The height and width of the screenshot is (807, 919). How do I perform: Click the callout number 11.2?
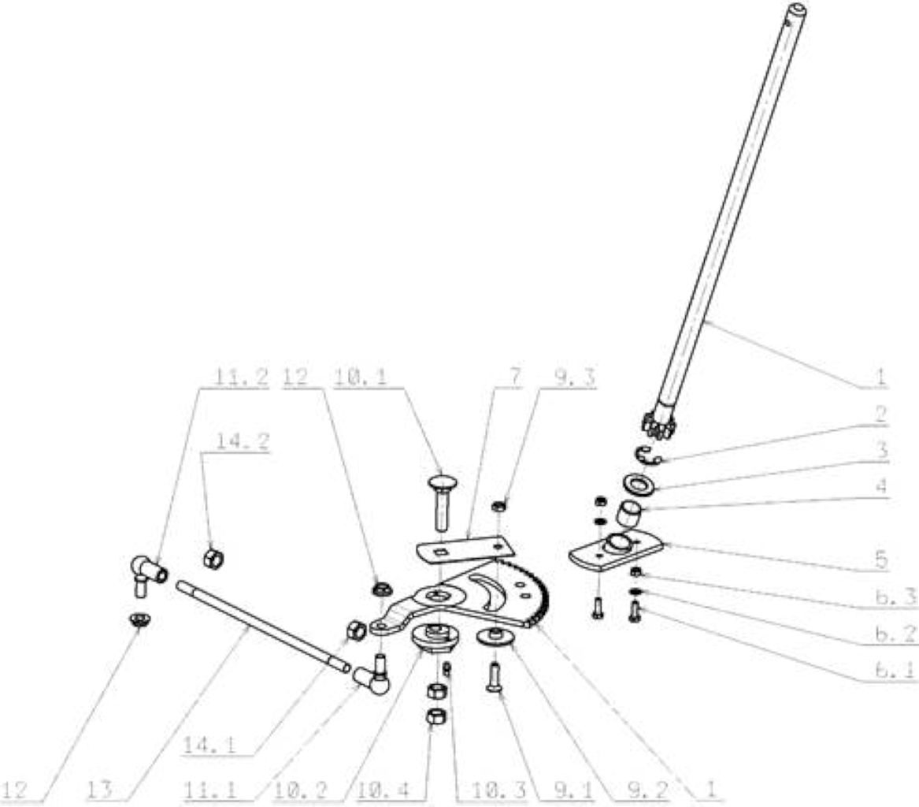pyautogui.click(x=241, y=377)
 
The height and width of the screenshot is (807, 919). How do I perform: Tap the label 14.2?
pyautogui.click(x=243, y=441)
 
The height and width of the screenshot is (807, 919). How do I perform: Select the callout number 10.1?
pyautogui.click(x=361, y=377)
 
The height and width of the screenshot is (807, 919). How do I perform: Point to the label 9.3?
pyautogui.click(x=567, y=377)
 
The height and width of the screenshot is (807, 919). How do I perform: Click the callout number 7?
pyautogui.click(x=514, y=377)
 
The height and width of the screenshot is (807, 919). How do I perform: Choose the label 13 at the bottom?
pyautogui.click(x=100, y=790)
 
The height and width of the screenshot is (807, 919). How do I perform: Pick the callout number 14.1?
pyautogui.click(x=210, y=745)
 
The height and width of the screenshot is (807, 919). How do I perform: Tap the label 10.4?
pyautogui.click(x=384, y=790)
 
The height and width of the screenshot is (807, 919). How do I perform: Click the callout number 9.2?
pyautogui.click(x=647, y=790)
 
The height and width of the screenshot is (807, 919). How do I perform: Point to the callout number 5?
pyautogui.click(x=881, y=559)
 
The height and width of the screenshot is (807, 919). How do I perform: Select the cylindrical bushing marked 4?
pyautogui.click(x=630, y=514)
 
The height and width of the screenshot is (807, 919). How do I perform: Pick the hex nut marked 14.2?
pyautogui.click(x=213, y=558)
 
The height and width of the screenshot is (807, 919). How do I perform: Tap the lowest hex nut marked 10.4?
pyautogui.click(x=435, y=716)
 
